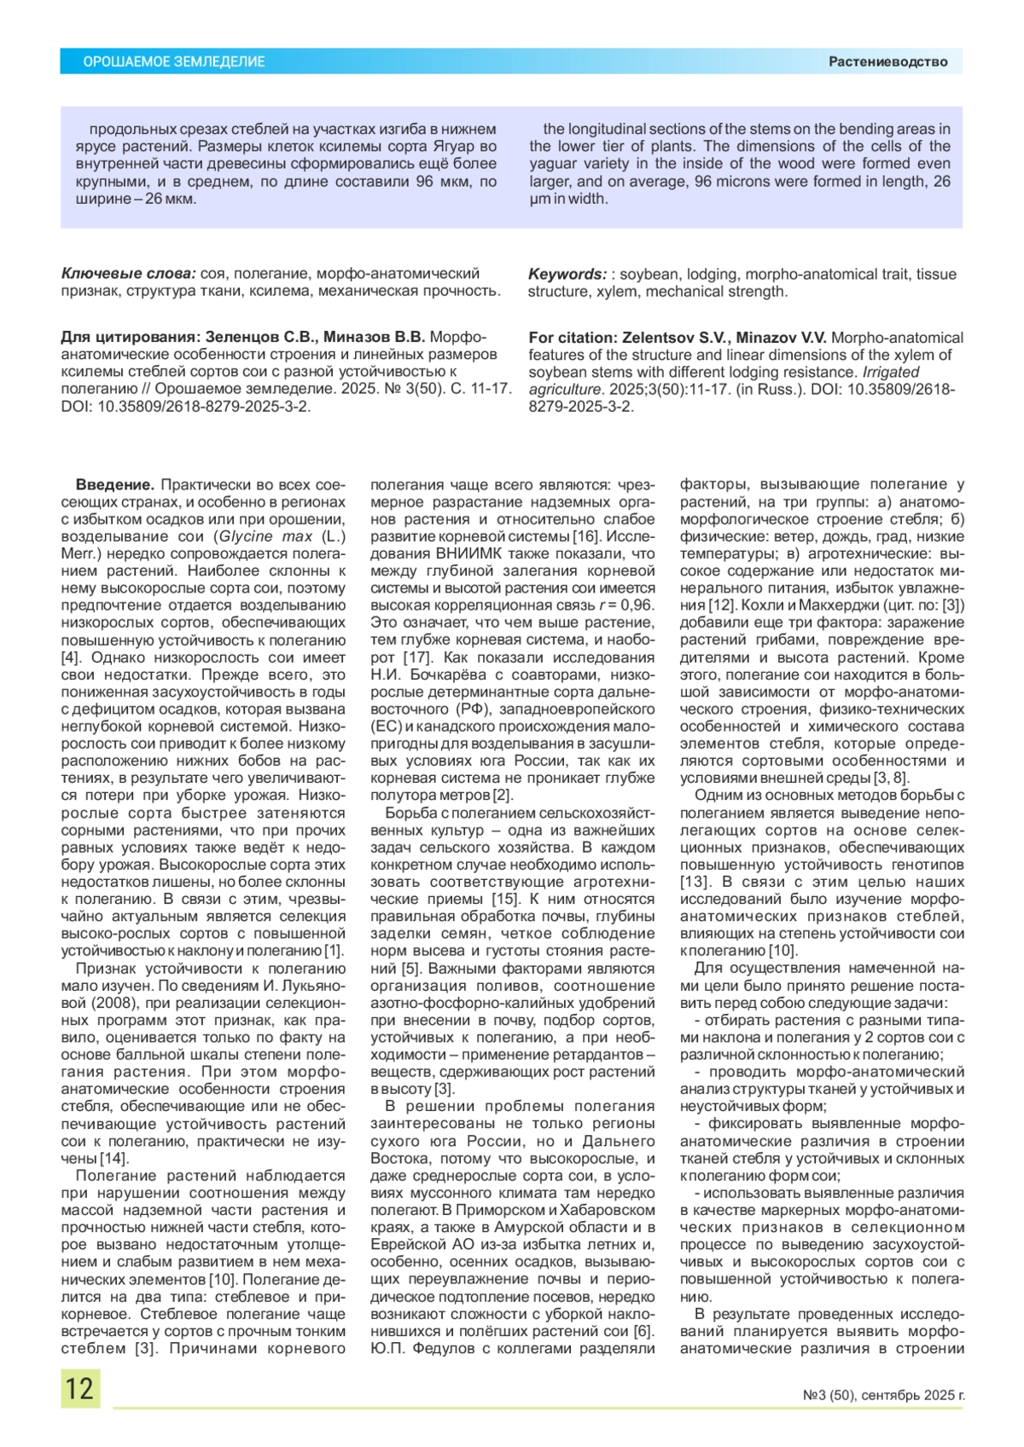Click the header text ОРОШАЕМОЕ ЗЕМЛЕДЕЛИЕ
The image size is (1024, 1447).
(174, 61)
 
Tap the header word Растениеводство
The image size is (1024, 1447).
(887, 61)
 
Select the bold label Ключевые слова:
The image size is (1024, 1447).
(128, 274)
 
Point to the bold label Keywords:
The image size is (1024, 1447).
(567, 274)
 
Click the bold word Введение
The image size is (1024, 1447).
(115, 484)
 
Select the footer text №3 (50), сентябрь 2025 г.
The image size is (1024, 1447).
(883, 1396)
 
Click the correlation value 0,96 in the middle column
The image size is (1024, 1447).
(637, 605)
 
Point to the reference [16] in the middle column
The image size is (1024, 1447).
(587, 536)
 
